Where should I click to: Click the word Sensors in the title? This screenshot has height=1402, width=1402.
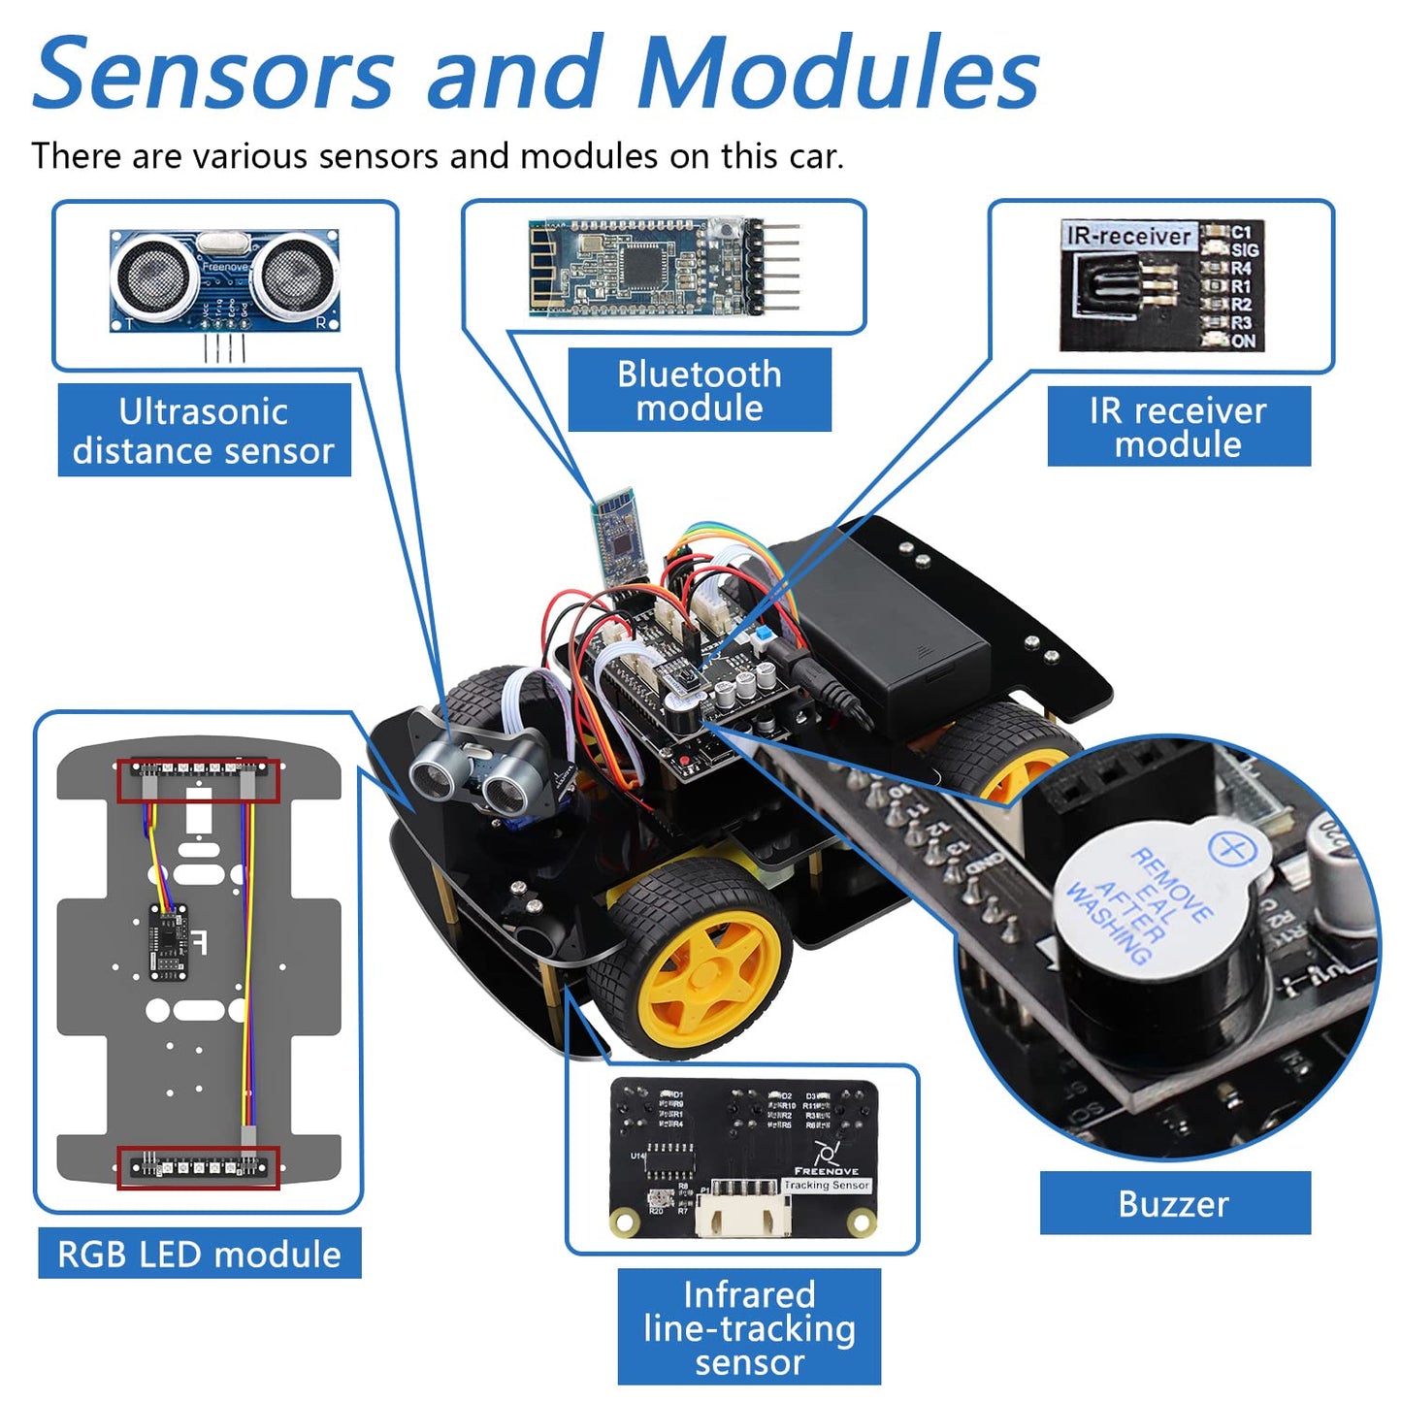pyautogui.click(x=213, y=74)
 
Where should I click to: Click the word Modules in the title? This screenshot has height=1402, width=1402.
pyautogui.click(x=839, y=74)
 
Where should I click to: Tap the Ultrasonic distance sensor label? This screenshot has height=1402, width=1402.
pyautogui.click(x=204, y=431)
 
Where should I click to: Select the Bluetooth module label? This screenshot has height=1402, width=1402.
pyautogui.click(x=699, y=390)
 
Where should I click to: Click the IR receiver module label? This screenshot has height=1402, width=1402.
pyautogui.click(x=1178, y=427)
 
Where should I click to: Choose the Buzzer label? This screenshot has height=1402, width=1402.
pyautogui.click(x=1174, y=1203)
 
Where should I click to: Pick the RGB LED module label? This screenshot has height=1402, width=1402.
pyautogui.click(x=199, y=1254)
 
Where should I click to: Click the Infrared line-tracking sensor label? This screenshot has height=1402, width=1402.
pyautogui.click(x=749, y=1327)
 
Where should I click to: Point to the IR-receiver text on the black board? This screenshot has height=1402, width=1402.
pyautogui.click(x=1128, y=236)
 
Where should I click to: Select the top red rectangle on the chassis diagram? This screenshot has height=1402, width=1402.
pyautogui.click(x=198, y=780)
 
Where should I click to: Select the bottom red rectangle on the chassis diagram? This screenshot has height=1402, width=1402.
pyautogui.click(x=198, y=1167)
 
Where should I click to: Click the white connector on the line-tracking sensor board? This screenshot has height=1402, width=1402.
pyautogui.click(x=743, y=1213)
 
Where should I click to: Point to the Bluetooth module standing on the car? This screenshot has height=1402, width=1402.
pyautogui.click(x=615, y=534)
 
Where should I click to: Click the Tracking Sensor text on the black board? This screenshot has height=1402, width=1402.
pyautogui.click(x=827, y=1185)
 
